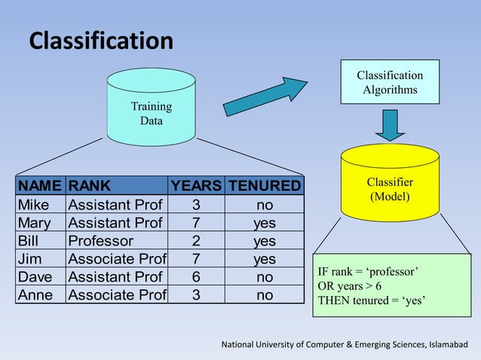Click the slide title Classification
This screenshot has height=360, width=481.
tap(101, 41)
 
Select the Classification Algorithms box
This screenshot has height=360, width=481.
tap(389, 82)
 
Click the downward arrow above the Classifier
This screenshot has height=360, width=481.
tap(390, 124)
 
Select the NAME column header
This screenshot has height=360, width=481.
tap(41, 186)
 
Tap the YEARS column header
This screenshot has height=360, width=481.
tap(196, 186)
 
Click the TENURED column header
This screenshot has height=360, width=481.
tap(264, 186)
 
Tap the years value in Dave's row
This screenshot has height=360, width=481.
tap(196, 277)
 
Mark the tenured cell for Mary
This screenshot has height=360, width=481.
tap(264, 223)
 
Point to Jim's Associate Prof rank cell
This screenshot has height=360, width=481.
tap(117, 259)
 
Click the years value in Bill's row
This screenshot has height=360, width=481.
tap(196, 241)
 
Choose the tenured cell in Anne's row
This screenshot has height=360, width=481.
tap(264, 295)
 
